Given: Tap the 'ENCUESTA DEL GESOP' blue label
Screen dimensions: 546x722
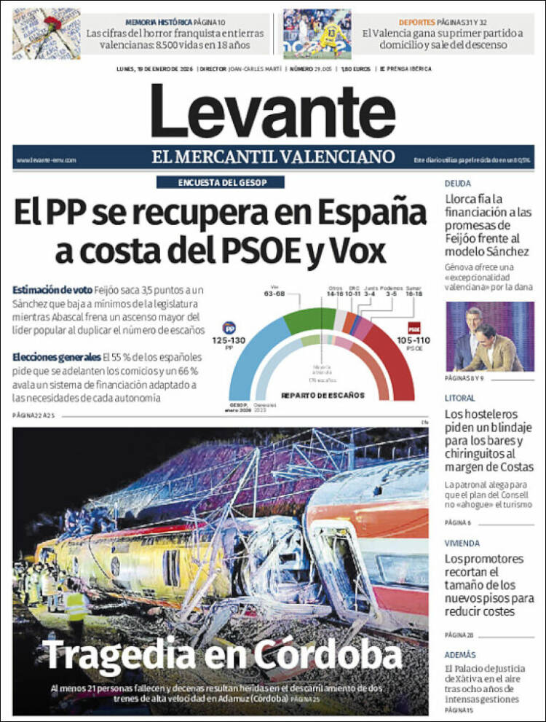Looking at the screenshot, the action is pos(220,183).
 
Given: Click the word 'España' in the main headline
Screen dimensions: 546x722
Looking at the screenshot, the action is pos(371,213).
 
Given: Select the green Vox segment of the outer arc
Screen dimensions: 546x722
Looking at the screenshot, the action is pos(309,318).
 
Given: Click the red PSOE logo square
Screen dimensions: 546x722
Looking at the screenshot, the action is pos(414,328).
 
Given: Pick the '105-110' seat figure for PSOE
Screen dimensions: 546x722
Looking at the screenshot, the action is pos(414,340).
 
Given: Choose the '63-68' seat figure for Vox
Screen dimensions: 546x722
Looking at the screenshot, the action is pos(274,294).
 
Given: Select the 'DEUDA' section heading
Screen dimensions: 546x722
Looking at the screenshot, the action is pos(458,184).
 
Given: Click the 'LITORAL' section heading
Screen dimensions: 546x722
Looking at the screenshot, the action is pos(460,398).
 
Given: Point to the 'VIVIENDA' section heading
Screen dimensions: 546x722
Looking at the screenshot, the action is pos(462,543).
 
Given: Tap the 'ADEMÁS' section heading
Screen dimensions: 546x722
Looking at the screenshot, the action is pos(460,654).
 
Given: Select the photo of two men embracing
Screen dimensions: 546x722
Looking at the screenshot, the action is pos(489,337).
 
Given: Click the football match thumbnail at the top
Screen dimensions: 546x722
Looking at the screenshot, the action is pos(317,34).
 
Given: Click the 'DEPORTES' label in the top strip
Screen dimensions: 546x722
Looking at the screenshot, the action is pos(417,23).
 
